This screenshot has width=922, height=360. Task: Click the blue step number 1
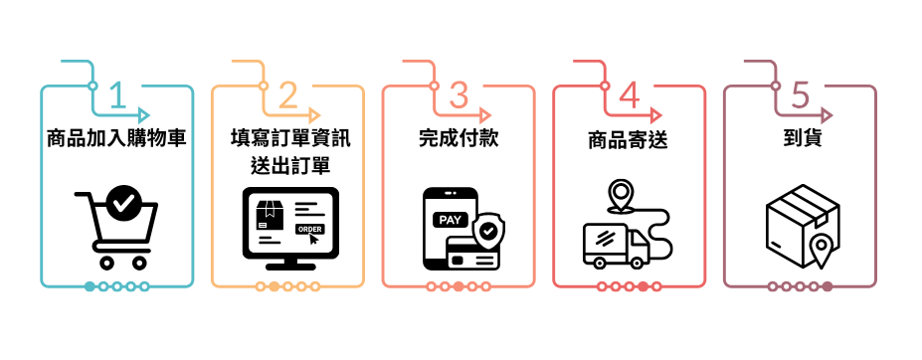pos(118,95)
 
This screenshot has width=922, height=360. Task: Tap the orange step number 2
pos(288,95)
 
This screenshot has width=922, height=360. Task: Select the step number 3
pos(459,95)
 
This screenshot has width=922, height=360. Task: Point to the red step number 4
pos(630,95)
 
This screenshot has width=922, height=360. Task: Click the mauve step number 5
pos(801,95)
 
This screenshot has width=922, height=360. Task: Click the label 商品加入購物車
pos(116,139)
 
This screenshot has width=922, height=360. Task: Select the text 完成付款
pos(459,139)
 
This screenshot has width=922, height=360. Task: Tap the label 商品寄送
pos(629,140)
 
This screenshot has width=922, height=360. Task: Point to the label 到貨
pos(800,139)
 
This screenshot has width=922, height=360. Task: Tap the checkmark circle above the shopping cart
pos(123,203)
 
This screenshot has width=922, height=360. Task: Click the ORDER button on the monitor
pos(309,229)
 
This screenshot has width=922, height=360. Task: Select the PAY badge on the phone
pos(451,220)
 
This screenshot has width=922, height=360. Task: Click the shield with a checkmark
pos(488,231)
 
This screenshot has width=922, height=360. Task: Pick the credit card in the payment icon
pos(472,253)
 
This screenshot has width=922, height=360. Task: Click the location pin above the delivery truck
pos(619,196)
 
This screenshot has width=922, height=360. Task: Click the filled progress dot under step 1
pos(90,286)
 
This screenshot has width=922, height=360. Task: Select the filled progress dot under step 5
pos(828,286)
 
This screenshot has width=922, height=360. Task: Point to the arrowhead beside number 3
pos(485,114)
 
